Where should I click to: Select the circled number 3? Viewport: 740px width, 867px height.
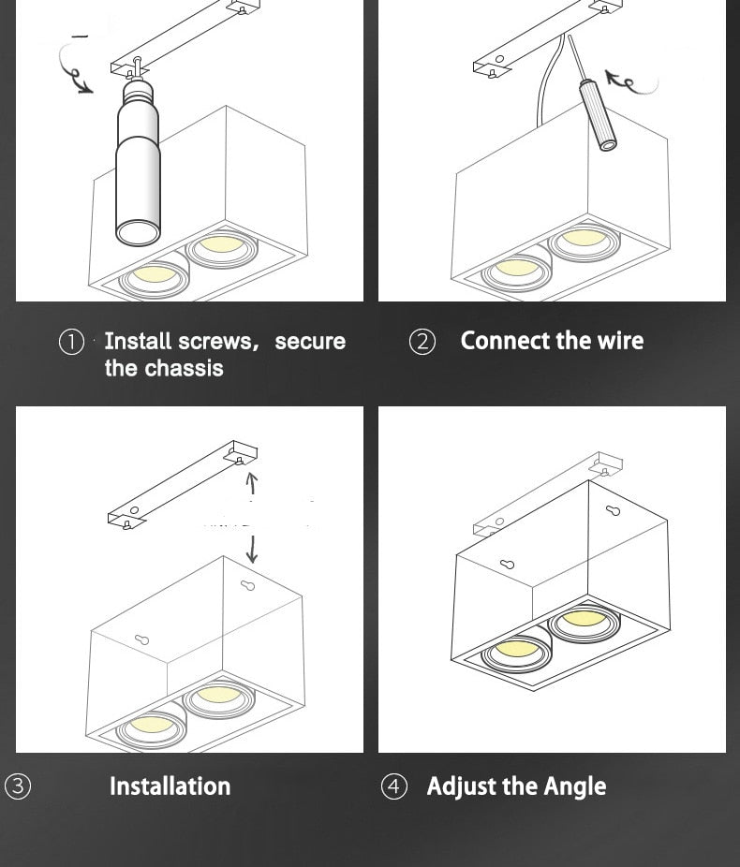(18, 786)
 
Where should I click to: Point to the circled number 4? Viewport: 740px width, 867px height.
(394, 786)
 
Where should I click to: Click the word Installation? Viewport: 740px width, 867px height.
(170, 786)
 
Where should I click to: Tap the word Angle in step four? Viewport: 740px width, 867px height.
(574, 786)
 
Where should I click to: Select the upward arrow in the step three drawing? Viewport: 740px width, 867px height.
(250, 483)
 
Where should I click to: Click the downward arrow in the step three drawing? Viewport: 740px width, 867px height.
(251, 549)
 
